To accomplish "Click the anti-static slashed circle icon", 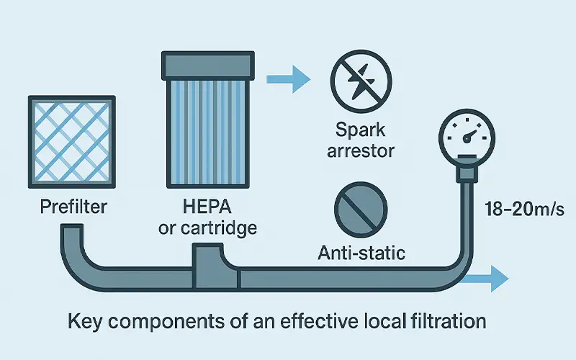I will click(x=361, y=207).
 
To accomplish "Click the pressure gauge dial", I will click(x=469, y=132).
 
